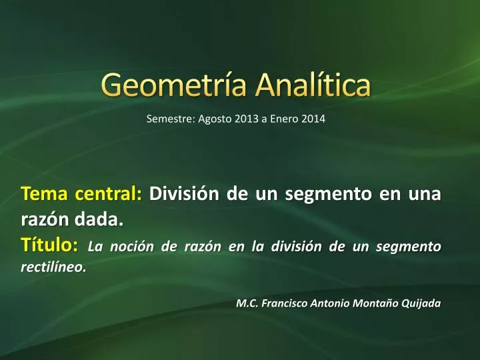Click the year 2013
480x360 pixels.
pos(247,119)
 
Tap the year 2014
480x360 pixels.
pos(313,119)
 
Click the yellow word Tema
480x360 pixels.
pos(44,194)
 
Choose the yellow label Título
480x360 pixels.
pos(49,245)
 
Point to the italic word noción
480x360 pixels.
pos(131,247)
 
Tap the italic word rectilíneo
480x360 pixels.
pos(53,267)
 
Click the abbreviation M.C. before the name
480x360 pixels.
pos(247,303)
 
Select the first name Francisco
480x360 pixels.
pos(285,303)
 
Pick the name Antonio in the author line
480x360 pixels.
pos(330,303)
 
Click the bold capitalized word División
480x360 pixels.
pos(184,193)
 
